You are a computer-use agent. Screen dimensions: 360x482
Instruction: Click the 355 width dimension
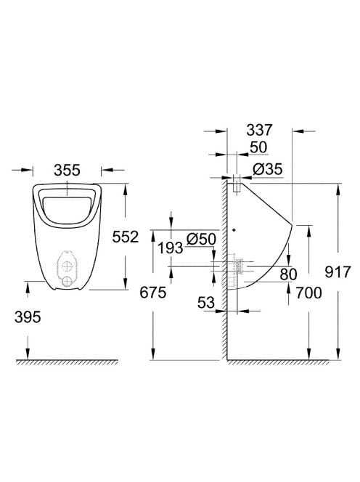coord(67,170)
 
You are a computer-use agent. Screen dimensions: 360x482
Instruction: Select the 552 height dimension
coord(125,237)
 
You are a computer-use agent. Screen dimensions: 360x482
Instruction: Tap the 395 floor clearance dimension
coord(28,317)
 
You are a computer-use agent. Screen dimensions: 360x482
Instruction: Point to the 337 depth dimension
coord(259,130)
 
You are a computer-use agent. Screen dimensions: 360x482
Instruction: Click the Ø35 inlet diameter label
coord(268,169)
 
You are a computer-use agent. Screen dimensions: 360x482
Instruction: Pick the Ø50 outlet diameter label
coord(201,239)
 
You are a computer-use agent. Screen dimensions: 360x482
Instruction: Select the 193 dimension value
coord(171,248)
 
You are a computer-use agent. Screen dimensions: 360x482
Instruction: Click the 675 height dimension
coord(153,292)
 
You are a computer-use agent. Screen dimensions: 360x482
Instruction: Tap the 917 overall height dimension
coord(337,272)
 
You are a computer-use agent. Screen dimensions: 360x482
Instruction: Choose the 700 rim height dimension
coord(308,293)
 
